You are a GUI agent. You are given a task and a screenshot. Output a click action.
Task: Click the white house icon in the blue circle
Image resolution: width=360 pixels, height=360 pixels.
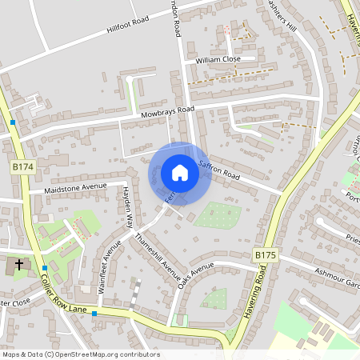[x=180, y=173]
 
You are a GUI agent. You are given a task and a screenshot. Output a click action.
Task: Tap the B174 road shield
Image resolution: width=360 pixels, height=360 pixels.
[x=23, y=166]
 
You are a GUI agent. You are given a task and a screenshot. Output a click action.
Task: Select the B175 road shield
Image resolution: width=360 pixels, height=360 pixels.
[x=266, y=255]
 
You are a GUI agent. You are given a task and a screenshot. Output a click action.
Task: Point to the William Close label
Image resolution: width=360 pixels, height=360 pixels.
[x=218, y=59]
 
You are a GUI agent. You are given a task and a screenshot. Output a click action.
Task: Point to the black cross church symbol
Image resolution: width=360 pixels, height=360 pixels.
[x=19, y=263]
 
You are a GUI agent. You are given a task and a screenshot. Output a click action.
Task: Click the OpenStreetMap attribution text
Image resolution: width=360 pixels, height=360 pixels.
[x=80, y=354]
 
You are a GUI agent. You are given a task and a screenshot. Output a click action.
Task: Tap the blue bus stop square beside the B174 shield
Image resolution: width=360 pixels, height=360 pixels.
[x=14, y=122]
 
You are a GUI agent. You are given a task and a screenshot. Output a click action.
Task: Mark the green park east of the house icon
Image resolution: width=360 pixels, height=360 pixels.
[x=218, y=214]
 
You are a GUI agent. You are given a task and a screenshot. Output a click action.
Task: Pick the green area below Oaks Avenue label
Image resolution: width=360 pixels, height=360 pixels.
[x=214, y=299]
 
